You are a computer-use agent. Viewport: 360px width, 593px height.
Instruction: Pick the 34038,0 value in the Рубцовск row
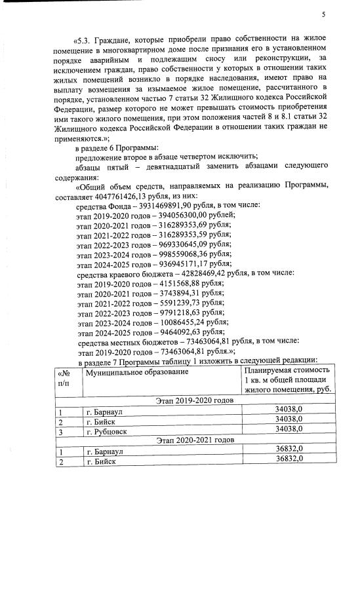288,429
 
